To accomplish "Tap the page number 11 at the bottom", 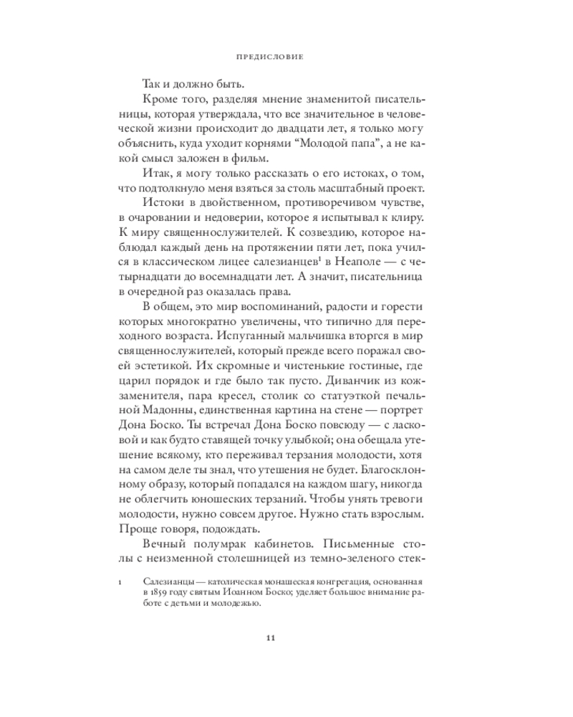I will [270, 639].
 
